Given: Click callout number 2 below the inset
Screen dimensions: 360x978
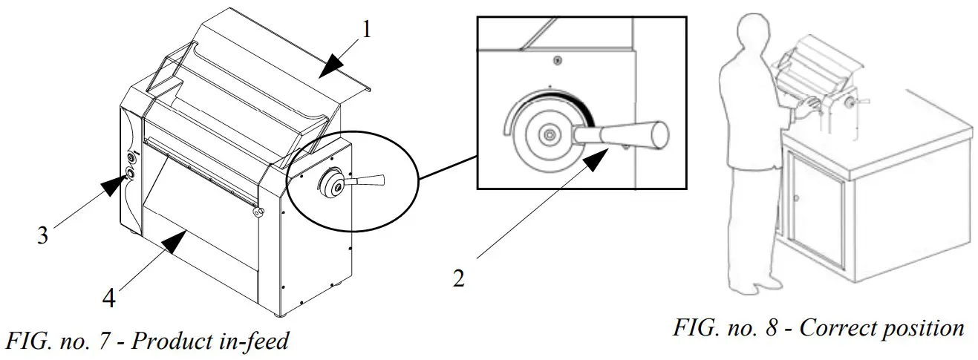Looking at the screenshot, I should [460, 280].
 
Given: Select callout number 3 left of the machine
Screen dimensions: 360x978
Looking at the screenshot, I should [44, 235].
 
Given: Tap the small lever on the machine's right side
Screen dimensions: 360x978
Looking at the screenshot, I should [368, 180].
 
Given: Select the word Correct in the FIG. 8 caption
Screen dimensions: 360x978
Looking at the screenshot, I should [835, 327].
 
